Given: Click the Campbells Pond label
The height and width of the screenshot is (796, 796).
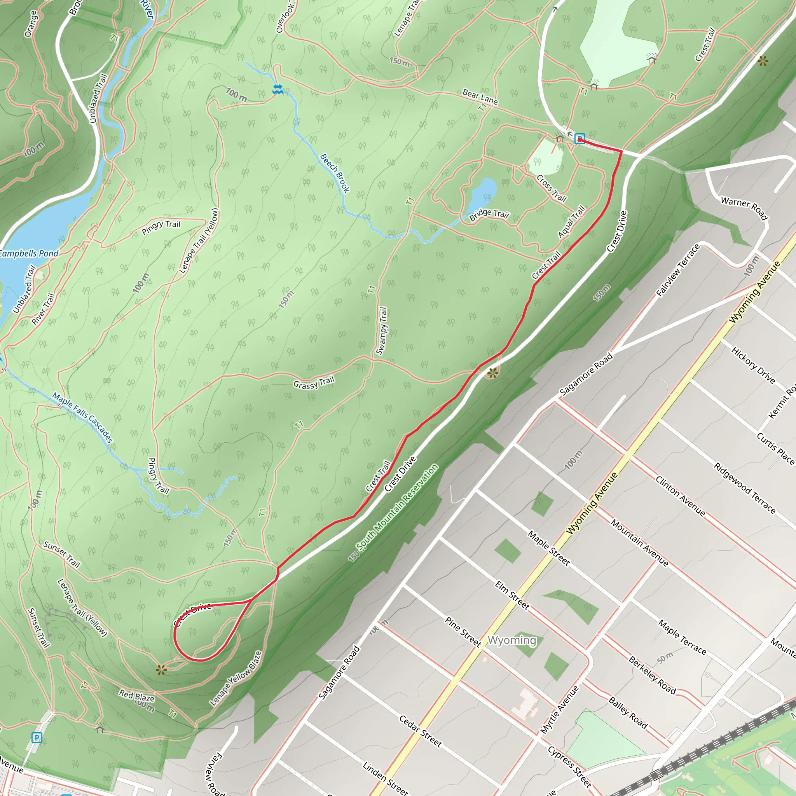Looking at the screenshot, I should coord(29,253).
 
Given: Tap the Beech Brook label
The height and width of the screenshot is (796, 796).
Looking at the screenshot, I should coord(335,173).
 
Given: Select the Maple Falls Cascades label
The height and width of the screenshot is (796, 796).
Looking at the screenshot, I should coord(82,417).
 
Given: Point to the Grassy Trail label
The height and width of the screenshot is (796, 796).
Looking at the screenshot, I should coord(314,383).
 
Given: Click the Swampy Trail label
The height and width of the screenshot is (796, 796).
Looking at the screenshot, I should coord(382,331).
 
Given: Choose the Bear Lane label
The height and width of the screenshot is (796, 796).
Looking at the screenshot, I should coord(480,96).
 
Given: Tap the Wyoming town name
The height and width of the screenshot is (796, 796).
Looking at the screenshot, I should coord(512,640).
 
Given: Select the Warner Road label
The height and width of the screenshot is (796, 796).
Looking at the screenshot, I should coord(744,208).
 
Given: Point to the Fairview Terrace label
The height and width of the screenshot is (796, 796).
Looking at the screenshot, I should coord(678,270).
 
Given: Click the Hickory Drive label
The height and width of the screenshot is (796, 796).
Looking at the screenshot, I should coord(753,365).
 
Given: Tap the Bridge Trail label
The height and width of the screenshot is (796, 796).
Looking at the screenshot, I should coord(489,214).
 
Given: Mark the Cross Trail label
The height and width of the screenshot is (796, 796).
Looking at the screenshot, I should coord(551,188).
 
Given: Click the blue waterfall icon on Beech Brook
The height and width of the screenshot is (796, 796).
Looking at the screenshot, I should coord(278,89).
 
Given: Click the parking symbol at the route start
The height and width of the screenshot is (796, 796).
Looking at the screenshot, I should coord(580,139).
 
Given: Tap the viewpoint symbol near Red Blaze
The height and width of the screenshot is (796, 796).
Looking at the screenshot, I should coord(161,670).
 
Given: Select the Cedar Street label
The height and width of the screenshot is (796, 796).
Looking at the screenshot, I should coord(420,731).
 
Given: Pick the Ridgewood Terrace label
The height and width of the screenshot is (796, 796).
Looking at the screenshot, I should coord(744,489).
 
